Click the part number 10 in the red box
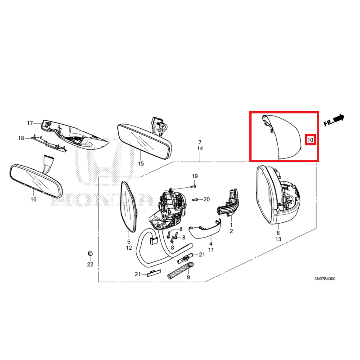pyautogui.click(x=310, y=140)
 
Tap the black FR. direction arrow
pyautogui.click(x=339, y=118)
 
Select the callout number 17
pyautogui.click(x=30, y=123)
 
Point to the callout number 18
pyautogui.click(x=21, y=138)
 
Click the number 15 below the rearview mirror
pyautogui.click(x=141, y=164)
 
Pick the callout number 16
pyautogui.click(x=33, y=199)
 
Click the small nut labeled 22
pyautogui.click(x=90, y=253)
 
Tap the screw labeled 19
pyautogui.click(x=193, y=187)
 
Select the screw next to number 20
pyautogui.click(x=195, y=199)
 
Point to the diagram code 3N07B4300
pyautogui.click(x=325, y=279)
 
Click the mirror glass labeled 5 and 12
pyautogui.click(x=129, y=207)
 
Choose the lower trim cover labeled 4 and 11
pyautogui.click(x=204, y=229)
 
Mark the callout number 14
pyautogui.click(x=200, y=148)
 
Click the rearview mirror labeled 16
pyautogui.click(x=36, y=180)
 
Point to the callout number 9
pyautogui.click(x=189, y=277)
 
